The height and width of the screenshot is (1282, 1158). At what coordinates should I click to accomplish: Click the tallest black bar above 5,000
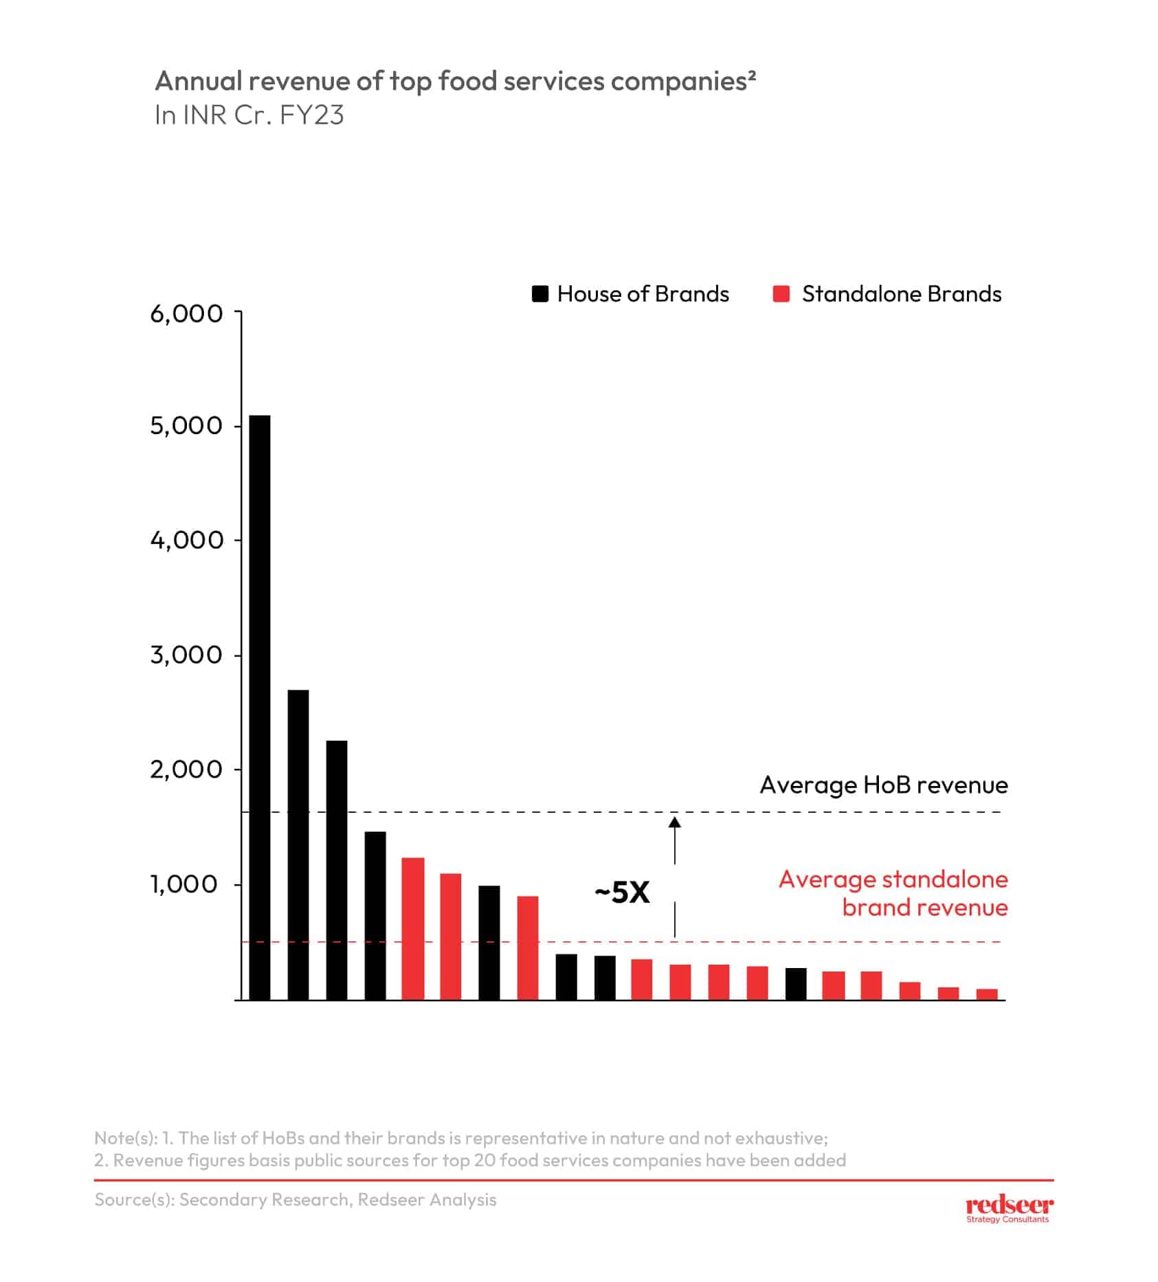pos(259,707)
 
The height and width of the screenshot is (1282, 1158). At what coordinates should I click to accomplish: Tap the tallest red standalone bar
pos(413,928)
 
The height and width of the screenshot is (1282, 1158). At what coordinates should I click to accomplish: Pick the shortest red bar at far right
pos(987,994)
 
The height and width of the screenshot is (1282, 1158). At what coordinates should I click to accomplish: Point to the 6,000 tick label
pos(186,314)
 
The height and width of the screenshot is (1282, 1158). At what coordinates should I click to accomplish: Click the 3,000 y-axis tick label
pos(186,655)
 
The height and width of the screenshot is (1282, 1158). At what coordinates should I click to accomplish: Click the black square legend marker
pos(540,294)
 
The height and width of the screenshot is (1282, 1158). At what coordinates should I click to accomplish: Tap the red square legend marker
pos(781,294)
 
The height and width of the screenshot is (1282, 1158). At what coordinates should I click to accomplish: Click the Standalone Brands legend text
pos(901,294)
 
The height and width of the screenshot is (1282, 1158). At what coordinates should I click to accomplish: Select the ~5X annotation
pos(622,892)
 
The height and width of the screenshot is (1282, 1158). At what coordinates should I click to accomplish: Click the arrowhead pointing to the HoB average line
pos(675,822)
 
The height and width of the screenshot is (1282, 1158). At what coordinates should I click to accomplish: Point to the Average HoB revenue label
pos(883,785)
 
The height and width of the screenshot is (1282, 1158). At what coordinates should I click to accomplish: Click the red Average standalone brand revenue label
pos(893,893)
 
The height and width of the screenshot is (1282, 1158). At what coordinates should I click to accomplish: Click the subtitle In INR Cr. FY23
pos(249,115)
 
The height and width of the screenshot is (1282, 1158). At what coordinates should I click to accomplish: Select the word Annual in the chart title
pos(199,81)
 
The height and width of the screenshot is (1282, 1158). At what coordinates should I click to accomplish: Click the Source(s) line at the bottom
pos(296,1200)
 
